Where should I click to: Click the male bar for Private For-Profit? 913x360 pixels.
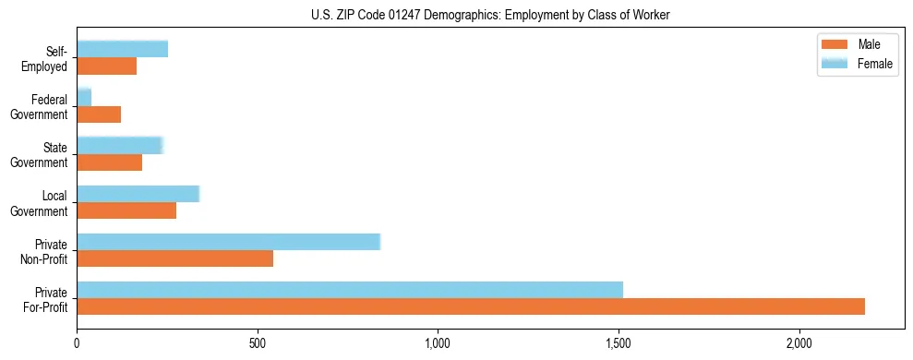click(x=471, y=306)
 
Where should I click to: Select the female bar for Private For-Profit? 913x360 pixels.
click(x=350, y=290)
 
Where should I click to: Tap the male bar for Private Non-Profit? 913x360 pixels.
click(x=175, y=258)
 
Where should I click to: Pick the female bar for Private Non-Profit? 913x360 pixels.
click(x=229, y=242)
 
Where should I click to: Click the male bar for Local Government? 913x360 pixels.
click(x=126, y=210)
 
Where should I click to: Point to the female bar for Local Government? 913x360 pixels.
click(x=138, y=194)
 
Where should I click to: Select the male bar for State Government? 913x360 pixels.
click(x=110, y=162)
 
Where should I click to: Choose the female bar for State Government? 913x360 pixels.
click(x=120, y=146)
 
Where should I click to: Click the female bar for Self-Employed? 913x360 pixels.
click(x=123, y=49)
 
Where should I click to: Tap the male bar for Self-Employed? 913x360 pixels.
click(x=107, y=66)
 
